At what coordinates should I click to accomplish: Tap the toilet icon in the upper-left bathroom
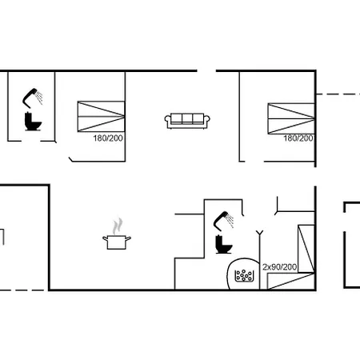click(x=33, y=122)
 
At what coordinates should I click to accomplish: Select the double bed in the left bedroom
click(x=101, y=116)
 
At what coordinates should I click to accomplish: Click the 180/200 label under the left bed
click(x=108, y=138)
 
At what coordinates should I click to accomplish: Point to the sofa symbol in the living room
click(x=187, y=121)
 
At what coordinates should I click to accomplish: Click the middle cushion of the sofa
click(x=187, y=118)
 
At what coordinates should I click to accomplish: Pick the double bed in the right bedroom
click(x=291, y=118)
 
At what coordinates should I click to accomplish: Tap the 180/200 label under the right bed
click(x=298, y=138)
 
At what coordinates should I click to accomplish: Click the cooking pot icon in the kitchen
click(x=117, y=242)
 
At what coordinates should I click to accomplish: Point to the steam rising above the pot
click(x=118, y=226)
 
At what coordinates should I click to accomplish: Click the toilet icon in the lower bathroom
click(x=223, y=244)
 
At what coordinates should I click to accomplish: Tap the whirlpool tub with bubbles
click(x=243, y=274)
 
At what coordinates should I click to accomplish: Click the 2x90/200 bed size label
click(x=279, y=266)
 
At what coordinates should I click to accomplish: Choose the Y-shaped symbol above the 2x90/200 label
click(x=259, y=234)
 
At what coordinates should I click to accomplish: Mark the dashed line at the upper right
click(x=338, y=94)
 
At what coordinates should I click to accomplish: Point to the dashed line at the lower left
click(x=22, y=290)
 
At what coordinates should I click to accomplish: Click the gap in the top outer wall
click(x=206, y=71)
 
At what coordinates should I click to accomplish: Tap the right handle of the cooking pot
click(x=128, y=238)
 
